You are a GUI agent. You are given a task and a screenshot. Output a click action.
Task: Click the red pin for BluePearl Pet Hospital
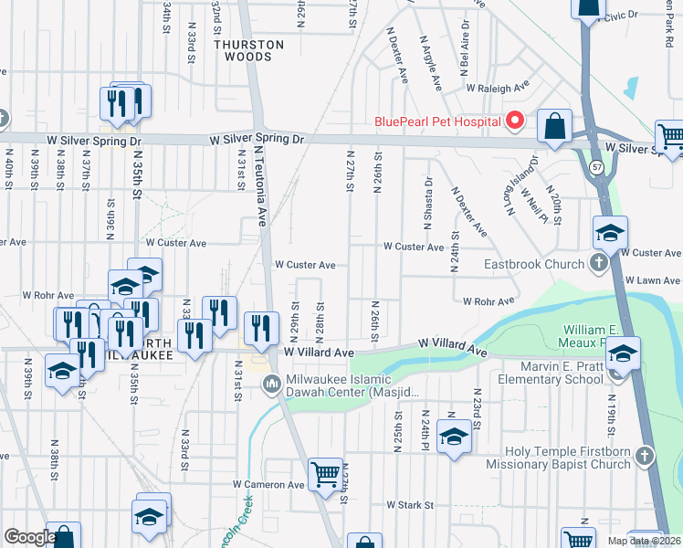tap(515, 121)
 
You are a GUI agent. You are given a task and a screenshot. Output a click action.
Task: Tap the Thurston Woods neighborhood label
tap(248, 50)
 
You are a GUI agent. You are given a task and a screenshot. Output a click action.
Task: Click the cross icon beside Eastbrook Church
tap(598, 265)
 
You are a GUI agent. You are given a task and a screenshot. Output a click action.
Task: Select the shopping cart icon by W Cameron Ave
tap(325, 475)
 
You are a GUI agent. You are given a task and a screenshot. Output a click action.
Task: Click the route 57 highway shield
tap(596, 168)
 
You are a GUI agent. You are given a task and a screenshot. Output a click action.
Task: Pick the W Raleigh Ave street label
tap(498, 89)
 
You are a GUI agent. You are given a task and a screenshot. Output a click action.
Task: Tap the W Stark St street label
tap(414, 504)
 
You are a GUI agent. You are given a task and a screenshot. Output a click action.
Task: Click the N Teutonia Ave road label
tap(259, 187)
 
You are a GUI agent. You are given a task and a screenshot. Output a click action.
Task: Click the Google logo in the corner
tap(29, 537)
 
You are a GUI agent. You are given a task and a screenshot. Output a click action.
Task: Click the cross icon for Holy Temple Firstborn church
tap(646, 455)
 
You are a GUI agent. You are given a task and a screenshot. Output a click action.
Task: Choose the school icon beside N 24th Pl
tap(453, 437)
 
